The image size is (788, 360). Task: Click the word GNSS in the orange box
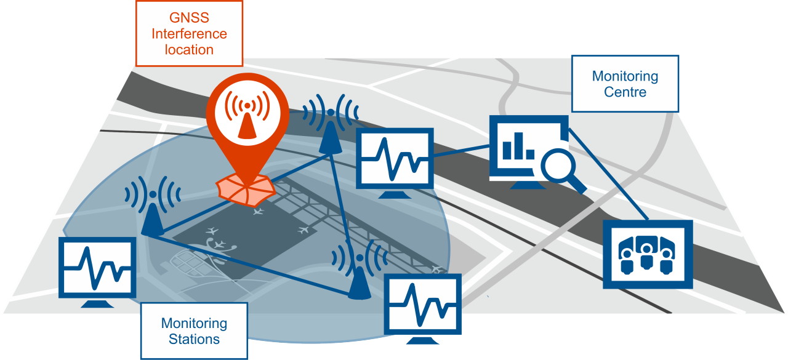[189, 18]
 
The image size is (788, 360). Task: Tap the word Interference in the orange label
[189, 34]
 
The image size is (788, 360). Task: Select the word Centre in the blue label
[625, 92]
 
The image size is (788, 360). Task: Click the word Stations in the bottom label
[194, 339]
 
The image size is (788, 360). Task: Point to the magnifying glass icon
[561, 167]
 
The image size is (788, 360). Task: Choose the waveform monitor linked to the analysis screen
[395, 160]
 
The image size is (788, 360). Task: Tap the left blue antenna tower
[152, 215]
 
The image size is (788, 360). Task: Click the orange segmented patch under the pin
[246, 188]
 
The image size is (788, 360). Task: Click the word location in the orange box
[189, 50]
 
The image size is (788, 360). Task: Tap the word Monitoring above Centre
[625, 77]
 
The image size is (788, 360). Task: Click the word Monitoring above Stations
[194, 324]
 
